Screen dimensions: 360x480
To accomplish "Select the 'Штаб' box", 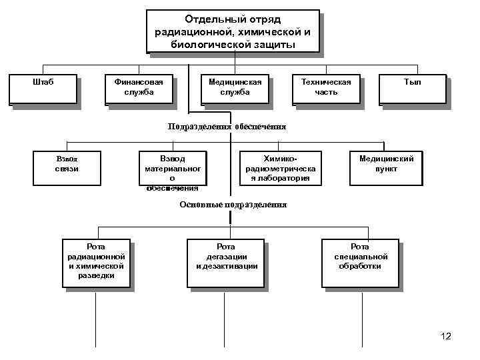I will coord(43,89).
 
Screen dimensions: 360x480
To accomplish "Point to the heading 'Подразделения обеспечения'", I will coord(227,127).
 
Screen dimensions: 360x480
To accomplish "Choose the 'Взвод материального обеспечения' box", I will coord(172,171).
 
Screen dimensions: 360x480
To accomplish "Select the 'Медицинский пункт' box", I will coord(386,167).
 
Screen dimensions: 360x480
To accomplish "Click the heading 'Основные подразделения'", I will coord(233,205).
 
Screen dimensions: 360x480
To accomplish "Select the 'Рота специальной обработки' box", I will coord(360,261).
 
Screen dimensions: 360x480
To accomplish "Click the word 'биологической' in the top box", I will coord(202,44).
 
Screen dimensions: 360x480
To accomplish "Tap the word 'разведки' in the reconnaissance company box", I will coord(96,275).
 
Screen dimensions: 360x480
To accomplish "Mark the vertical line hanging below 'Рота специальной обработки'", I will coord(362,320).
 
